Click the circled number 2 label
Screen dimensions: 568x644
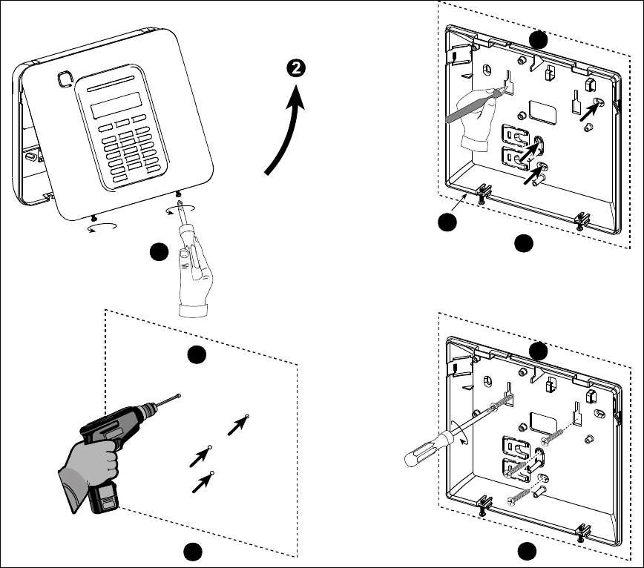click(x=296, y=68)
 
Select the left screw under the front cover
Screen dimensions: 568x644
click(x=91, y=218)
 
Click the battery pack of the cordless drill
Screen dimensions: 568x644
click(x=103, y=501)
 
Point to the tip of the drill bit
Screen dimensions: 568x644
click(x=180, y=396)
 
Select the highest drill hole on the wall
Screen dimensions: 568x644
click(x=247, y=416)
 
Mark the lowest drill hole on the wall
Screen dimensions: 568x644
click(x=213, y=472)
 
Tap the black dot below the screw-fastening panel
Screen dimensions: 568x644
click(x=526, y=552)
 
